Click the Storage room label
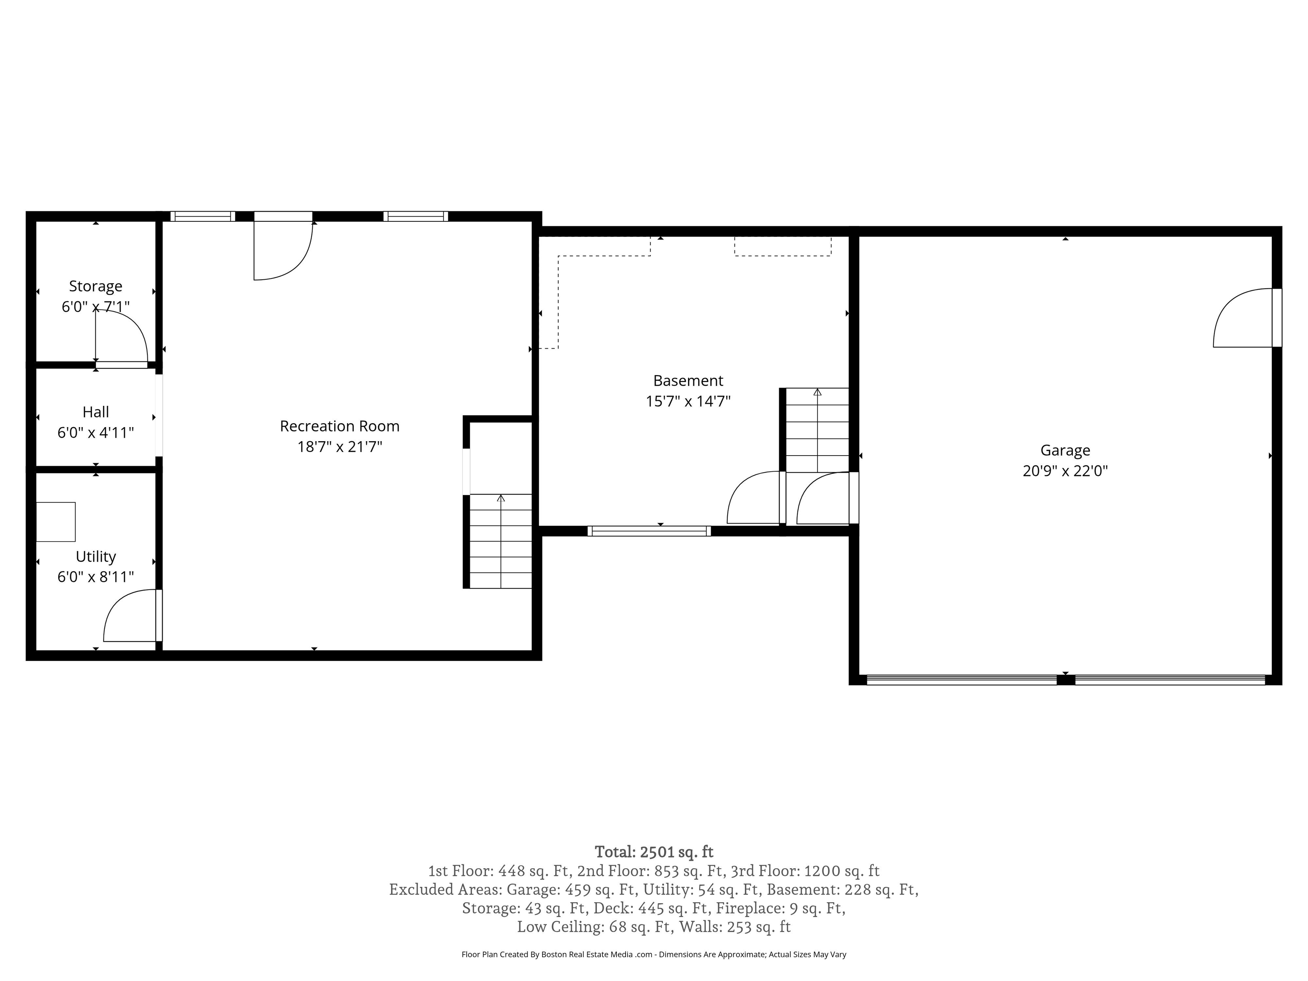point(95,286)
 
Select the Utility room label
point(95,556)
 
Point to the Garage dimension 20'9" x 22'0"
point(1065,470)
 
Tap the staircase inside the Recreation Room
point(500,541)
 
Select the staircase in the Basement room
point(817,430)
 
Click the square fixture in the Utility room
point(56,522)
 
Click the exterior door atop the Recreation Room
point(283,248)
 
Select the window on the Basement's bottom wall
point(649,531)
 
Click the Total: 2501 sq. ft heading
point(654,852)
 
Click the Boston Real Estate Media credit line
point(654,955)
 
